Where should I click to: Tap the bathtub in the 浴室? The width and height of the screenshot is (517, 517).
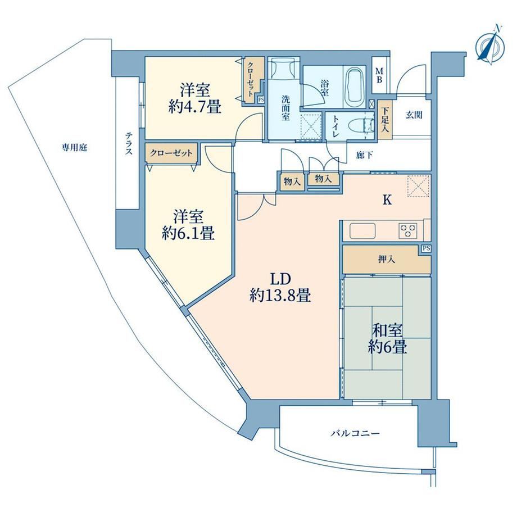[x=355, y=87]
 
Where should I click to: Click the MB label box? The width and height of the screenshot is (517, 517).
[x=379, y=75]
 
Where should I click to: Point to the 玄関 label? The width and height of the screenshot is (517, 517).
[x=414, y=115]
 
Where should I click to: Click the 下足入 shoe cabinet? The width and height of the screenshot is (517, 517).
[x=385, y=120]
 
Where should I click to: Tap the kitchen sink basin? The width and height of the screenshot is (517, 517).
[x=362, y=231]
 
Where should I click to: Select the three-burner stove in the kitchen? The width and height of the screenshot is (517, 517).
[x=408, y=230]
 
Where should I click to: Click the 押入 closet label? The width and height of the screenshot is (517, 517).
[x=387, y=260]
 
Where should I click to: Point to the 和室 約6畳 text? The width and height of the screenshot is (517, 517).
[x=387, y=338]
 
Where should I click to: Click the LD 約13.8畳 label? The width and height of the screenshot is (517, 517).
[x=280, y=287]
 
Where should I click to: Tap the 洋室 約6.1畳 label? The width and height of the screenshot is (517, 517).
[x=188, y=225]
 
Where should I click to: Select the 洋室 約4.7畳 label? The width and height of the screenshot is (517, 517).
[x=194, y=98]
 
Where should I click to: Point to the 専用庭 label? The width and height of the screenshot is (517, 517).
[x=75, y=148]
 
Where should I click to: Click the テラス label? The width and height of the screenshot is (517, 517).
[x=128, y=144]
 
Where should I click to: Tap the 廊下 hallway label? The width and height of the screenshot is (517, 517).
[x=365, y=155]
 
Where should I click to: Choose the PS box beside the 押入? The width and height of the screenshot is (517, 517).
[x=426, y=248]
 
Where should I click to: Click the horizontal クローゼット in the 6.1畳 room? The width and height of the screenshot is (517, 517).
[x=171, y=153]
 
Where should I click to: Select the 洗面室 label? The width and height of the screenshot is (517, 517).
[x=285, y=108]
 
